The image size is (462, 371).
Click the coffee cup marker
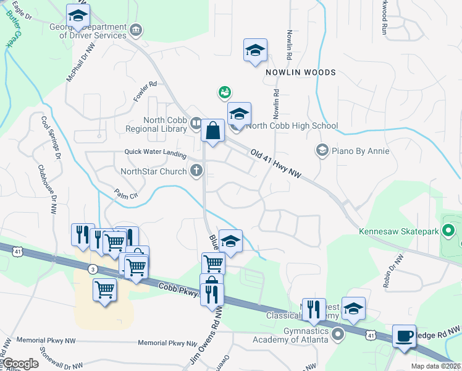[x=404, y=336]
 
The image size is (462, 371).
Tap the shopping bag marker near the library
[x=212, y=131]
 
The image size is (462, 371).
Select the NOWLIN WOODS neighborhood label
[x=301, y=72]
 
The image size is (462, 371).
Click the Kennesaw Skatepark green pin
[x=449, y=232]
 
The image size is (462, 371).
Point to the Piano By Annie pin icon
[x=321, y=150]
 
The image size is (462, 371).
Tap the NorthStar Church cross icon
[x=196, y=171]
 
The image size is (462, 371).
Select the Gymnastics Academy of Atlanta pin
[x=337, y=335]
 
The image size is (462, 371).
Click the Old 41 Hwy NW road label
[x=275, y=163]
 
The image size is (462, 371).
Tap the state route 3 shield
[x=92, y=269]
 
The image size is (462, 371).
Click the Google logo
[x=21, y=364]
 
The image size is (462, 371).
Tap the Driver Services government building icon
[x=136, y=29]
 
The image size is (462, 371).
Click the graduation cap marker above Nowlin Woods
[x=255, y=51]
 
